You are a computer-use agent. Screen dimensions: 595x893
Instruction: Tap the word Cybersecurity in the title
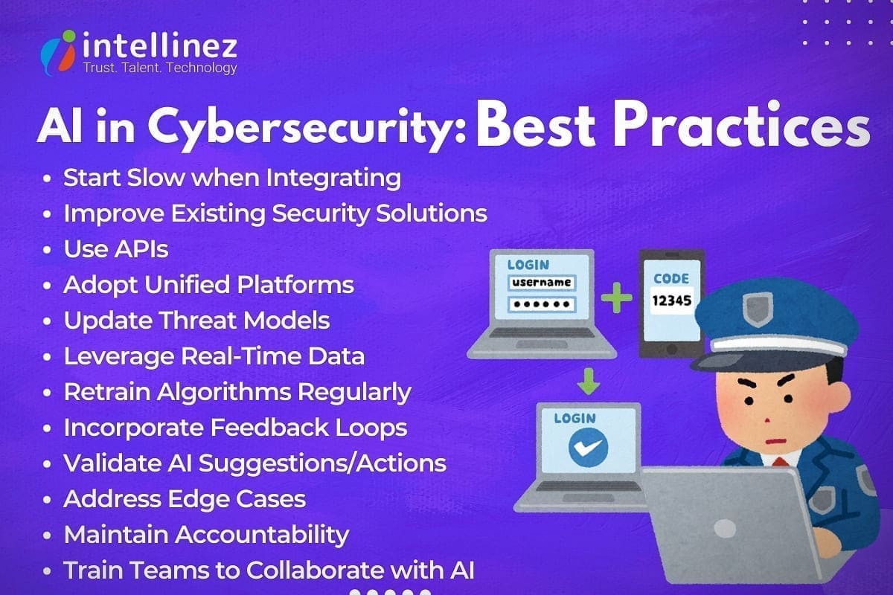pyautogui.click(x=306, y=129)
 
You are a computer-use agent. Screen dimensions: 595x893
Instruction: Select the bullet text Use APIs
pyautogui.click(x=116, y=249)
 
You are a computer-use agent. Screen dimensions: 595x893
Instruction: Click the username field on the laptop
pyautogui.click(x=541, y=283)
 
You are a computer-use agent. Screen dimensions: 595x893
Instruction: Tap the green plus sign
pyautogui.click(x=617, y=298)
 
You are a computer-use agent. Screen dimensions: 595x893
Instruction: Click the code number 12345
pyautogui.click(x=672, y=300)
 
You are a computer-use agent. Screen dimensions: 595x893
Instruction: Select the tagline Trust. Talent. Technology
pyautogui.click(x=159, y=68)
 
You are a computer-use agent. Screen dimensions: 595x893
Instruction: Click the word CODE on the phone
pyautogui.click(x=671, y=279)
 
